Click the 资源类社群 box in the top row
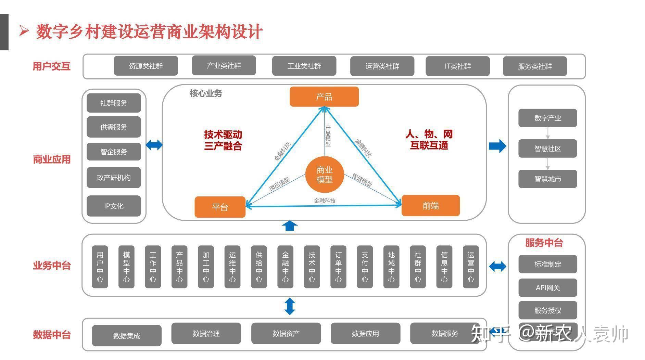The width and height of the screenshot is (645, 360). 146,66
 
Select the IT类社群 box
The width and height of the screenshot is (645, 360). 457,66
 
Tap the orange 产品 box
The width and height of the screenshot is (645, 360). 324,97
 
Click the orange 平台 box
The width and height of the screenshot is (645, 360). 220,207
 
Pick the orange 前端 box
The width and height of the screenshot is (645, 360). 430,206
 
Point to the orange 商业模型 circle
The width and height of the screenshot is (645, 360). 324,175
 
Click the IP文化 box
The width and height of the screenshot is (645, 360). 114,206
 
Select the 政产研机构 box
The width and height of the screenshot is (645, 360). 114,178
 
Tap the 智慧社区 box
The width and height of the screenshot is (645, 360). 547,149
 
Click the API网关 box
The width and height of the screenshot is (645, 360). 547,288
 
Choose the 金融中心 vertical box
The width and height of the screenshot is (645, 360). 285,267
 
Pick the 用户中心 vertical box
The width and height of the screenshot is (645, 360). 100,267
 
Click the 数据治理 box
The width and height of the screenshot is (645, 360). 206,333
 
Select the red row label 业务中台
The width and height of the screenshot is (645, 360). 52,266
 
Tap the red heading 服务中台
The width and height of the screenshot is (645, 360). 544,243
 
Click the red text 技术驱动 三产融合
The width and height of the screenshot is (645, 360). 223,140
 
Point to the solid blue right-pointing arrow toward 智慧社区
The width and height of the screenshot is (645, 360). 497,146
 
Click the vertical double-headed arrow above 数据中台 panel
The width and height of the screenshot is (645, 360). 290,306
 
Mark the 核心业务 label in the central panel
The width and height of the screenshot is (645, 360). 206,93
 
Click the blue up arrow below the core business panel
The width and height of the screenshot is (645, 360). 290,226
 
